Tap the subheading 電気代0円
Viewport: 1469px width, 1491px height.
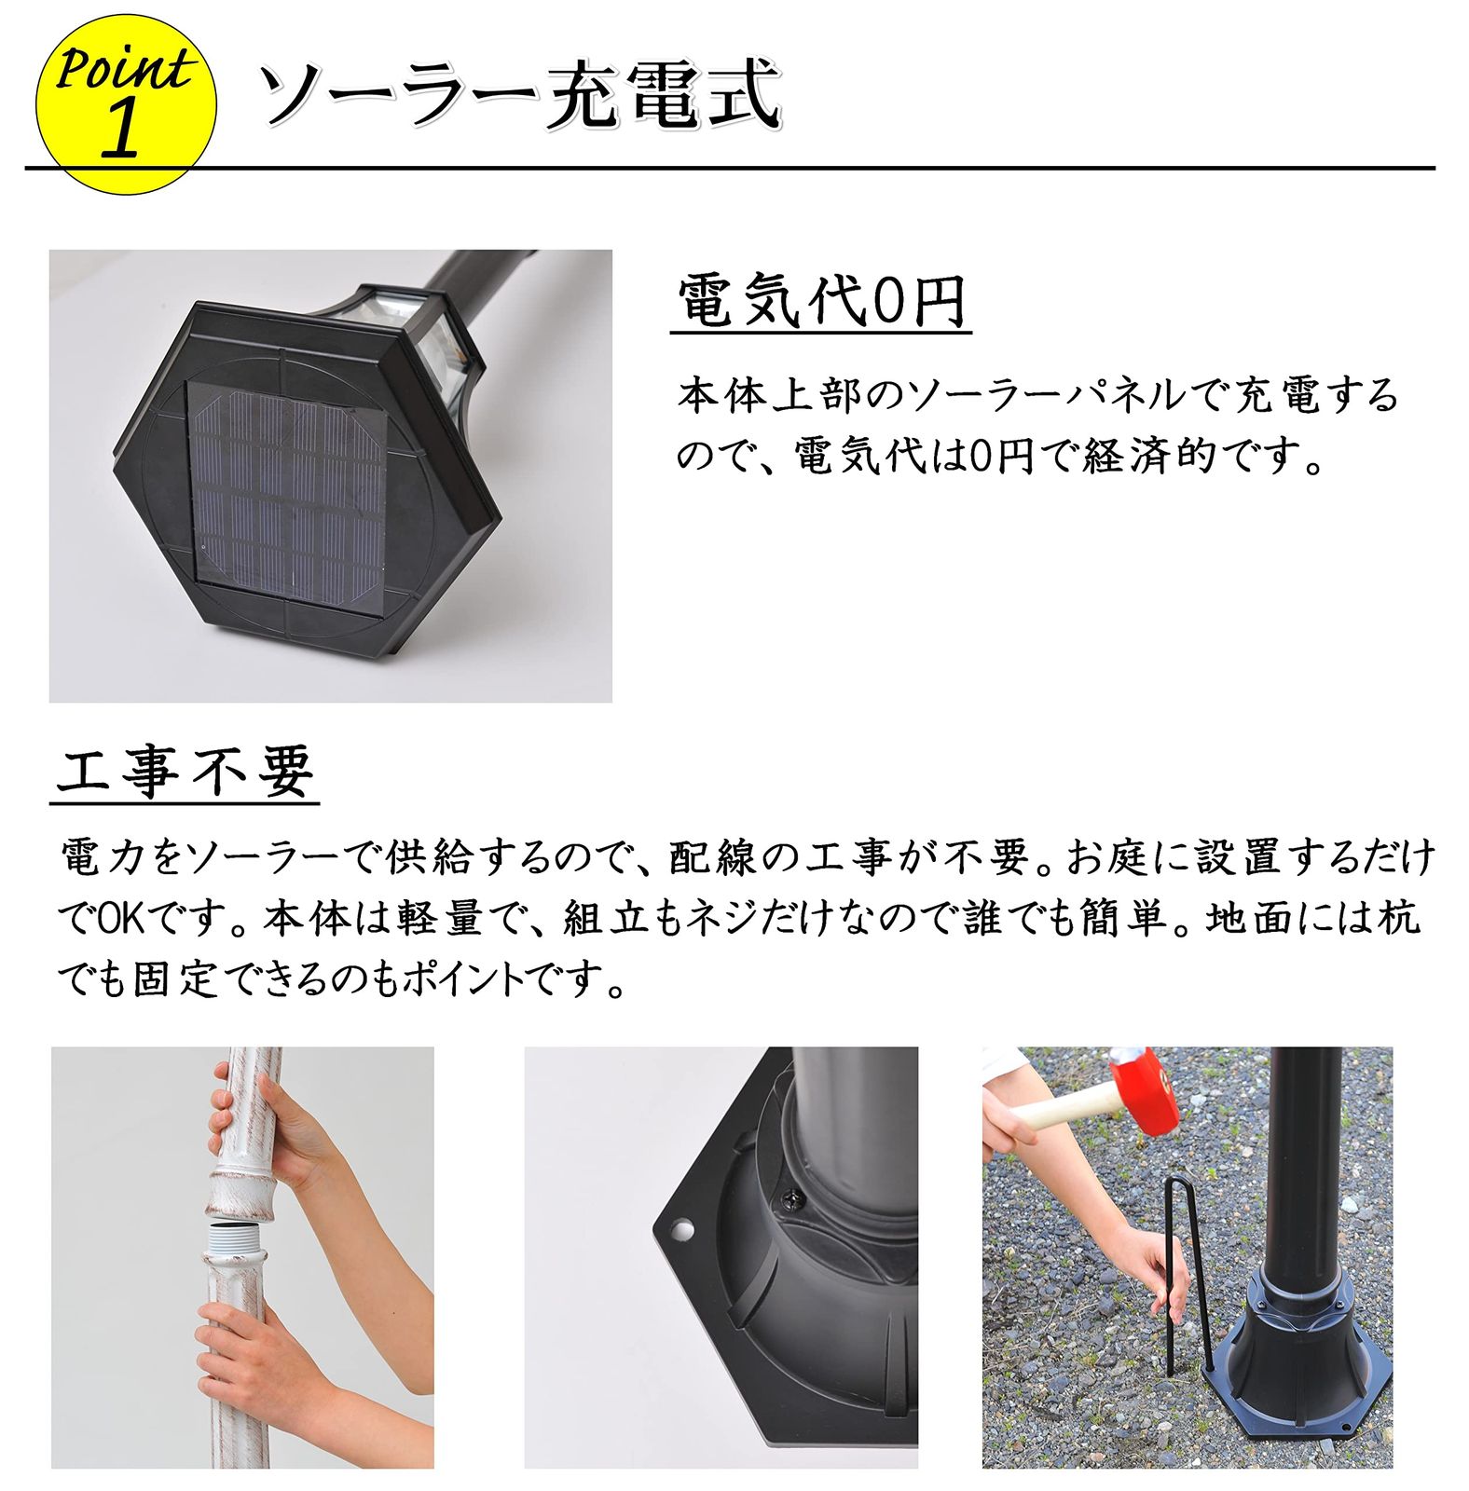click(x=820, y=301)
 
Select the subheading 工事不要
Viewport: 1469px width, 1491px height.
click(x=185, y=771)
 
